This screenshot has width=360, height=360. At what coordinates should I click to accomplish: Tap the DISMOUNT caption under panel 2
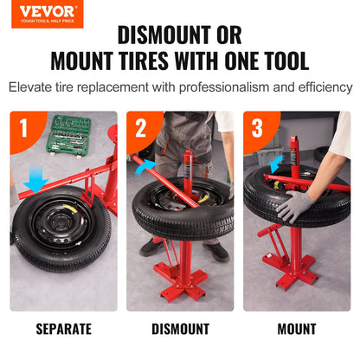coord(180,329)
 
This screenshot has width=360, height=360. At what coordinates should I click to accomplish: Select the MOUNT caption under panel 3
coord(297,329)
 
